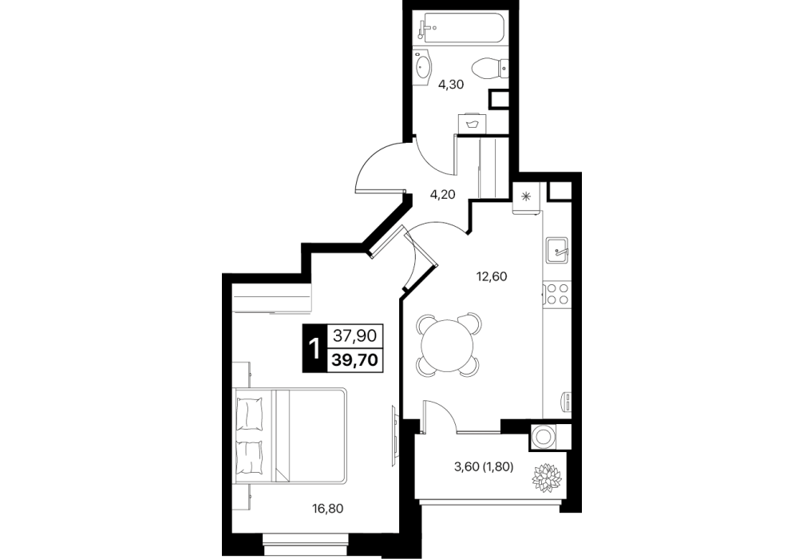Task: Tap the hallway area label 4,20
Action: coord(442,194)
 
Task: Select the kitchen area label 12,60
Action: coord(492,276)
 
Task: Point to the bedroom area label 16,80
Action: coord(328,509)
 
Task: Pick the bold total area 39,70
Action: coord(355,360)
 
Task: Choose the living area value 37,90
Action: coord(355,335)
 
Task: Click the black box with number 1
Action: coord(314,348)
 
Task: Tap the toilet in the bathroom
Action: coord(489,69)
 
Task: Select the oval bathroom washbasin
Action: coord(424,66)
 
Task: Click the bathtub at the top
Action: coord(461,28)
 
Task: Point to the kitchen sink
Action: coord(556,250)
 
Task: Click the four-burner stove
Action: coord(556,294)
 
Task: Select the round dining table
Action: coord(448,347)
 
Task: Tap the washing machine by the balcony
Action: coord(542,437)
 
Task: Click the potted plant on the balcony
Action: coord(547,478)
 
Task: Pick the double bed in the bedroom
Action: coord(291,435)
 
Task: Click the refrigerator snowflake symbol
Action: coord(525,196)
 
